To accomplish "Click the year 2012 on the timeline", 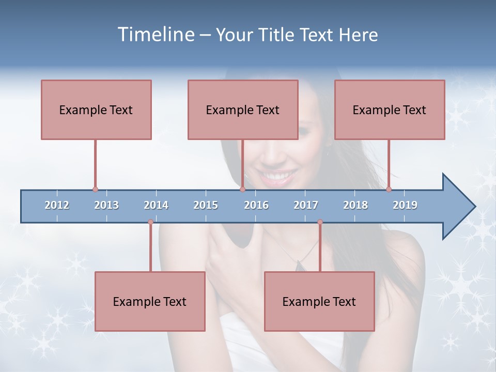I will click(57, 205).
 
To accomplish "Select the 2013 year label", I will click(106, 205).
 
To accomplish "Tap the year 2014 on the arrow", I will click(156, 205).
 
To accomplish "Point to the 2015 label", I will click(206, 205).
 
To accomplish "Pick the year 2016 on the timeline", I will click(256, 205).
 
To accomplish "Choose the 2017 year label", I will click(306, 205).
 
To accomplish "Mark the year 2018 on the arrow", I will click(355, 205).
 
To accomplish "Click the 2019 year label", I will click(405, 205).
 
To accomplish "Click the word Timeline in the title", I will click(155, 35).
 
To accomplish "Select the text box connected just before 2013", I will click(96, 110).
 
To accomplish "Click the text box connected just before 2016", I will click(243, 110).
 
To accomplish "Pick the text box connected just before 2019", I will click(390, 110).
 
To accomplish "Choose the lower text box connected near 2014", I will click(150, 301).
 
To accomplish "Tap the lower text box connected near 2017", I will click(319, 301).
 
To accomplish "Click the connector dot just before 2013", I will click(95, 190).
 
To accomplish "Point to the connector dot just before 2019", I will click(389, 190).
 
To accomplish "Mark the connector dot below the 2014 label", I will click(150, 222).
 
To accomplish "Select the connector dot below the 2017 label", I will click(320, 222).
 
